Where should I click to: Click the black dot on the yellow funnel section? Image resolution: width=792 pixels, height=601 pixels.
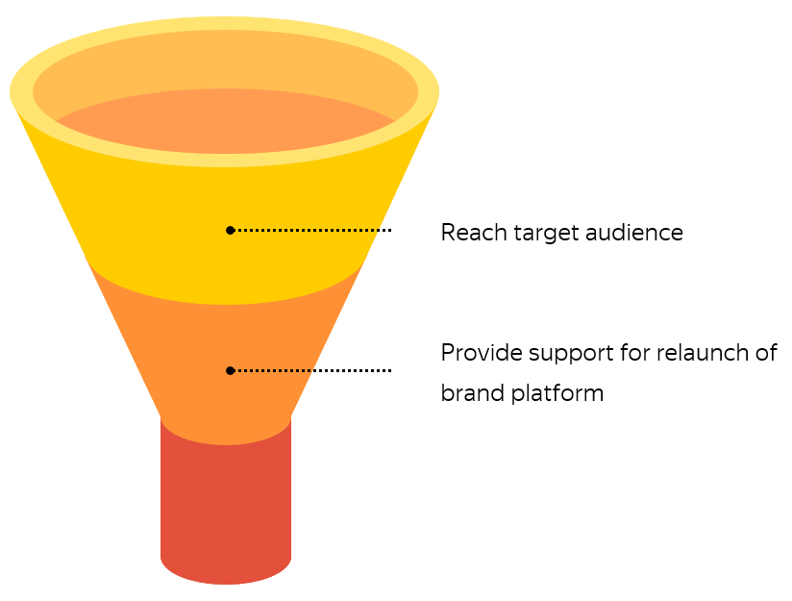[230, 230]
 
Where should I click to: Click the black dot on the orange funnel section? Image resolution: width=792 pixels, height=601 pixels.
[230, 370]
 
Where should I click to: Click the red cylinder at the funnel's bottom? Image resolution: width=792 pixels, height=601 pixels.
[226, 500]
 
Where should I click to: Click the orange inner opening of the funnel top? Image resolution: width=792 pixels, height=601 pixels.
[226, 120]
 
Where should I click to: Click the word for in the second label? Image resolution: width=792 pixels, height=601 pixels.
[634, 353]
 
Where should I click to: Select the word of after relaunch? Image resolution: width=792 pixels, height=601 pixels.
[765, 353]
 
